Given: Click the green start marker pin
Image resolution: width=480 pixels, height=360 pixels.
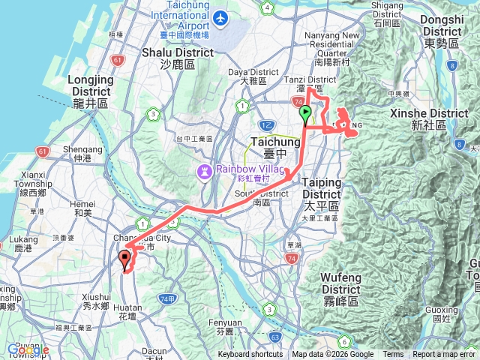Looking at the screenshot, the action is (306, 115).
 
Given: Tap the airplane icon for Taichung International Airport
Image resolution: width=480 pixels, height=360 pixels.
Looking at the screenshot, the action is (220, 17).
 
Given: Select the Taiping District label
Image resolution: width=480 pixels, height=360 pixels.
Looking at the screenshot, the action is (321, 186).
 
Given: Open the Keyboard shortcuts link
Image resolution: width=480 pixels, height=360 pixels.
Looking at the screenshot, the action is (250, 355).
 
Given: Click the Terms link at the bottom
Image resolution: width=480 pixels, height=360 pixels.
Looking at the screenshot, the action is (393, 355).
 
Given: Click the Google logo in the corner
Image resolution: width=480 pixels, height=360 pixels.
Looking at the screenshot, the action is (28, 349).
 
